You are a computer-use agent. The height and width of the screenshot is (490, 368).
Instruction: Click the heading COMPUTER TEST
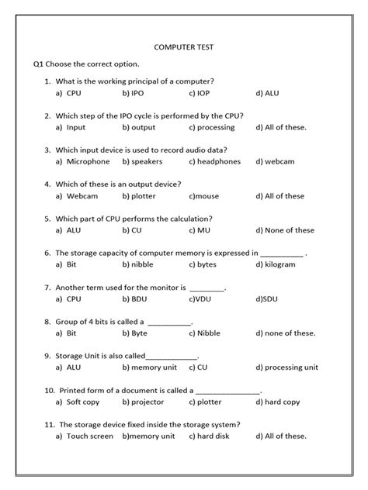[x=184, y=47]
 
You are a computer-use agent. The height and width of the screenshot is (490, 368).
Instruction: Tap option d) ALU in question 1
[x=267, y=93]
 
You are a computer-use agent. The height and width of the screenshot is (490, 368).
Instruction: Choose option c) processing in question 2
[x=211, y=127]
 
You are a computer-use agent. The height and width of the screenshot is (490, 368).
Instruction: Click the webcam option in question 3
[x=269, y=161]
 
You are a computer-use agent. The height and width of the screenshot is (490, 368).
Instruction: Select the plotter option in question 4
[x=139, y=195]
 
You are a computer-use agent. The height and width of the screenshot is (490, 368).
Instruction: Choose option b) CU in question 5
[x=132, y=229]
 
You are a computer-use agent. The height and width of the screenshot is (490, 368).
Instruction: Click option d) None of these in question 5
[x=285, y=229]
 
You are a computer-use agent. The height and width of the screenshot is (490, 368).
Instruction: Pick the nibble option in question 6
[x=137, y=264]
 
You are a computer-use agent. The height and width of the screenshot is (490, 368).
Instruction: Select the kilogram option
[x=276, y=264]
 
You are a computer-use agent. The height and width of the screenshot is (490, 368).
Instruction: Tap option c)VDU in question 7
[x=202, y=298]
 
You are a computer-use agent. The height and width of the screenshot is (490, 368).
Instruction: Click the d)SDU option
[x=267, y=298]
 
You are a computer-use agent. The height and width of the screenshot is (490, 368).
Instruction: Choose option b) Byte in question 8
[x=134, y=333]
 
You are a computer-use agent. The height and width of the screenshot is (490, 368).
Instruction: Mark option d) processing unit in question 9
[x=286, y=367]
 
